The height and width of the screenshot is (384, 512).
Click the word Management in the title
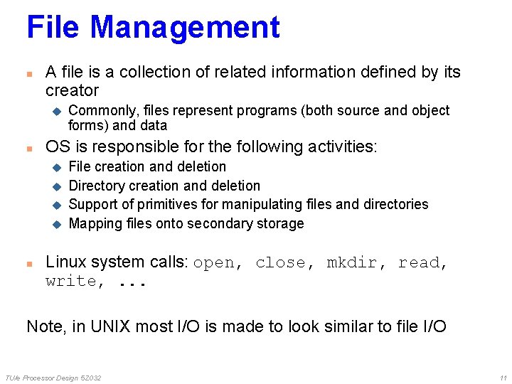(x=185, y=28)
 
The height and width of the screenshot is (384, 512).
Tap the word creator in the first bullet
(x=72, y=91)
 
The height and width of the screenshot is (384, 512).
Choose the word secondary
(x=228, y=224)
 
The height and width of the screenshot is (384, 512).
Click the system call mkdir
(x=351, y=263)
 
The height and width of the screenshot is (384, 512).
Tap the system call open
(x=213, y=263)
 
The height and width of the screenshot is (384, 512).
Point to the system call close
(x=280, y=263)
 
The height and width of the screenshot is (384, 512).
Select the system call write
(x=70, y=282)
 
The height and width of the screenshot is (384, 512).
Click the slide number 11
(x=503, y=378)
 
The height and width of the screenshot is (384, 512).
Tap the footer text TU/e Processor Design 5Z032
(x=53, y=378)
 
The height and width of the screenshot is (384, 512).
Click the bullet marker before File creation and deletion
(x=58, y=168)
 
